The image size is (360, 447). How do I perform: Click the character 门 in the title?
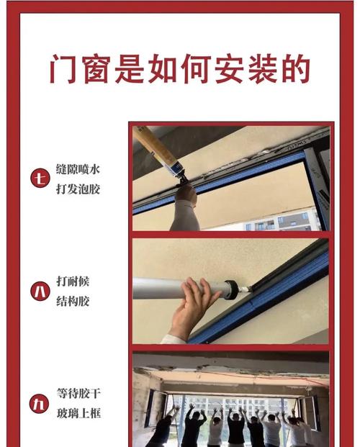[x=64, y=70]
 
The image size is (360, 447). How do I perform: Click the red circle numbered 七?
[x=40, y=177]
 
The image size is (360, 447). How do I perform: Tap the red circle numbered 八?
[x=40, y=291]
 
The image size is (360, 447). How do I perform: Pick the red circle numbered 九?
[x=40, y=404]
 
